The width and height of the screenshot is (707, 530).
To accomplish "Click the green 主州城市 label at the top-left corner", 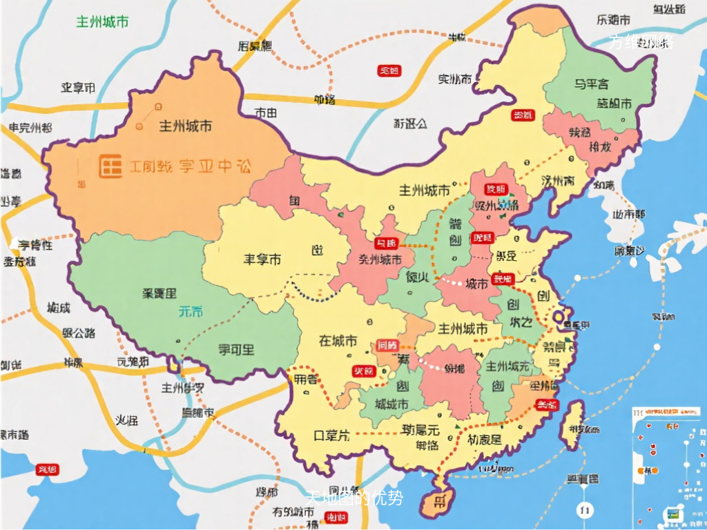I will [102, 21].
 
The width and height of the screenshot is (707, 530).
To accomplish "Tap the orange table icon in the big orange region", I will [110, 166].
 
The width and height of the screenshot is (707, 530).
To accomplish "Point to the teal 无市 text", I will [191, 311].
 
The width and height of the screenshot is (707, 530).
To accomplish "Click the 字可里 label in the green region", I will [236, 349].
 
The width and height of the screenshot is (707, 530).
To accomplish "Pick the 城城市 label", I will [391, 404].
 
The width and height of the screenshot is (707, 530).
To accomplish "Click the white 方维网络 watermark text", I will [641, 42].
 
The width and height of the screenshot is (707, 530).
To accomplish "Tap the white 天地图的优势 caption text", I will [354, 497].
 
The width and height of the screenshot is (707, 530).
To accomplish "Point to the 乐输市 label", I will [613, 19].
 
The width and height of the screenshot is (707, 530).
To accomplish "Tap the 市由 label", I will [266, 112].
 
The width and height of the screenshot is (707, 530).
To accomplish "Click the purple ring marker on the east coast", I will [559, 317].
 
